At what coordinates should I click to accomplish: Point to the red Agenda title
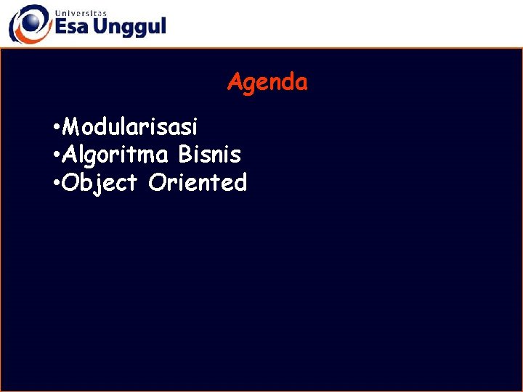point(267,82)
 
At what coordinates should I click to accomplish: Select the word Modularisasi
point(130,127)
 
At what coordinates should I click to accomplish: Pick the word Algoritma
point(115,155)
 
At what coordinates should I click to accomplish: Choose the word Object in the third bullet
point(100,183)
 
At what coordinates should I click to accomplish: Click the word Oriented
point(198,182)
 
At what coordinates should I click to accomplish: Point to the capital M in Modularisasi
point(72,127)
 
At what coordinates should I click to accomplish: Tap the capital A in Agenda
point(235,82)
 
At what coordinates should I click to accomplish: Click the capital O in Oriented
point(156,182)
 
